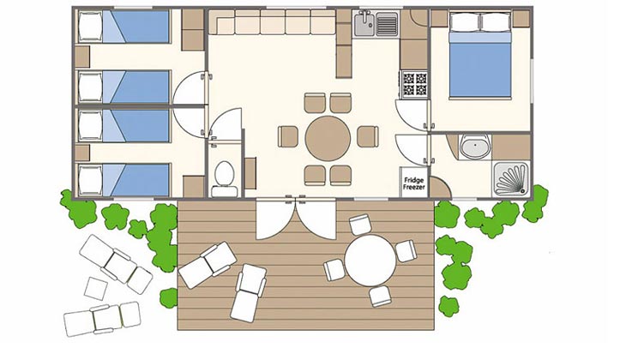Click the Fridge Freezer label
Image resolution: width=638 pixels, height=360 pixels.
coord(414,183)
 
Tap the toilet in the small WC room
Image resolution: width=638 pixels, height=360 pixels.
coord(224,179)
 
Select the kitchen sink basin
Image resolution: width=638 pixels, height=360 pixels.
coord(364,24)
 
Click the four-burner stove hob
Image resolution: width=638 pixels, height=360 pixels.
coord(415,84)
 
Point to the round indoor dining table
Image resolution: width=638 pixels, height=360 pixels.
coord(328,138)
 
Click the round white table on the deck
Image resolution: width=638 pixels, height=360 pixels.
coord(370,261)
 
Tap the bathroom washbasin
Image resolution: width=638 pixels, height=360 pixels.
coord(475,147)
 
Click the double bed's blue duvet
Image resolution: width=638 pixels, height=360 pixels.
coord(480,69)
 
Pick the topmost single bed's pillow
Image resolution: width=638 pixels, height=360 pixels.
coord(90,27)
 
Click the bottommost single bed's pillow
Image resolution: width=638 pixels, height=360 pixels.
coord(90,180)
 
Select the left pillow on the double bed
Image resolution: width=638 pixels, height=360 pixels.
coord(465,22)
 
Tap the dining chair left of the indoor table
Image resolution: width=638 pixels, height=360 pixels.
coord(288,136)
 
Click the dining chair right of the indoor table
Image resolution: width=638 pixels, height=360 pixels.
coord(368,136)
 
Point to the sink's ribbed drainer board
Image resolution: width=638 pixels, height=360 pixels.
coord(387,24)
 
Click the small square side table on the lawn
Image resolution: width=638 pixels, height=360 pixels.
coord(96,289)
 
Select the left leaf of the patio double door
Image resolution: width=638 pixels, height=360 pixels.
coord(274,219)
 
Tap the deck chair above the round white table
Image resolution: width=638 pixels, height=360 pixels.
coord(360,225)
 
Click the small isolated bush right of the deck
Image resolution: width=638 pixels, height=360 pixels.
coord(448,306)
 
